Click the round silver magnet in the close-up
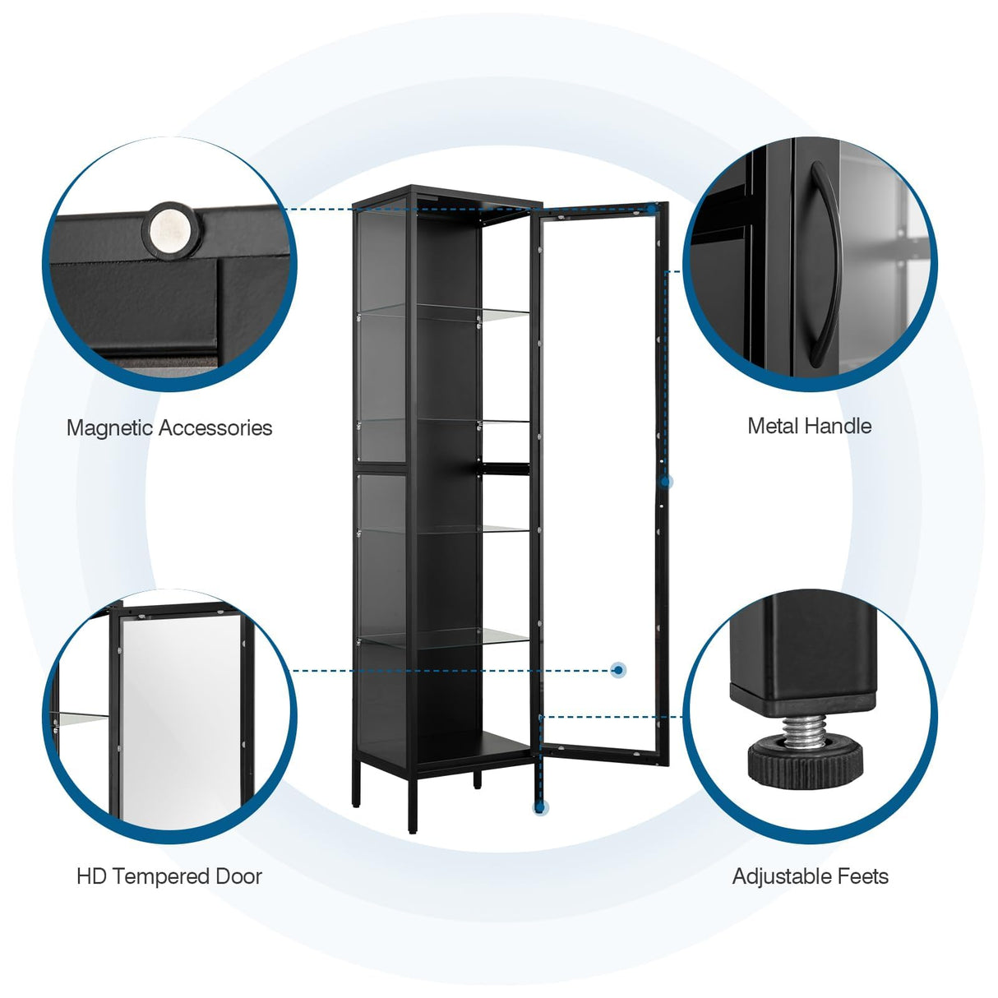coord(172,228)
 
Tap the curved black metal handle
coord(820,263)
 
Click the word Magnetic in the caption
coord(110,428)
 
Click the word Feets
coord(863,876)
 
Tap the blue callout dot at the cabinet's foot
coord(540,808)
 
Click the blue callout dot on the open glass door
coord(618,670)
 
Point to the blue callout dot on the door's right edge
coord(667,482)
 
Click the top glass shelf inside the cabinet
coord(444,310)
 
